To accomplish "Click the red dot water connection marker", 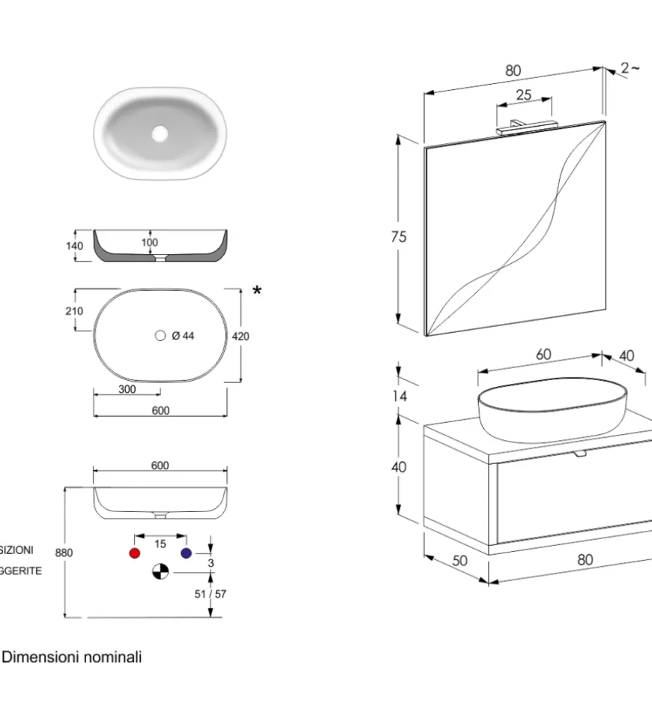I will coord(135,553).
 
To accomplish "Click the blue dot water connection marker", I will coord(186,553).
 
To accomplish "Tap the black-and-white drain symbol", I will coord(160,572).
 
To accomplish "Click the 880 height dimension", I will coord(64,553).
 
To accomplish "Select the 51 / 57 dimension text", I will coord(210,594).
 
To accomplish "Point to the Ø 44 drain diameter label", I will coord(182,336).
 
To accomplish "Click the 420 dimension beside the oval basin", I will coord(241,337).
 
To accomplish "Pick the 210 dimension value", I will coord(74,311).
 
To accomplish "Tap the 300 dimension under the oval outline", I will coord(127,389).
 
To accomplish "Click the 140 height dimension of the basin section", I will coord(74,245).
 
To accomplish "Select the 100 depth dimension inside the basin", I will coord(150,242).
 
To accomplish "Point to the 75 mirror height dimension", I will coord(399,237).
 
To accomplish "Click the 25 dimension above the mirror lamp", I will coord(524,95).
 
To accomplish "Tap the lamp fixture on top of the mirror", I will coord(525,127).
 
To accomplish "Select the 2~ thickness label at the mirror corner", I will coord(630,68).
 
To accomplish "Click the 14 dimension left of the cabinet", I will coord(400,396).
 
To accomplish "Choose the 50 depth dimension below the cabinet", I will coord(459,560).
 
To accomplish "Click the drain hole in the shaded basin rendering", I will coord(160,133).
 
